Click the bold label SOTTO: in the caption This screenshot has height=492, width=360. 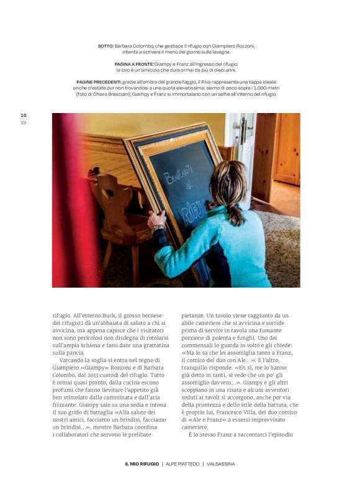click(x=106, y=46)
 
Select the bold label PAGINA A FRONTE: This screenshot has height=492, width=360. click(x=134, y=64)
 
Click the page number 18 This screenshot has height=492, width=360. click(x=24, y=116)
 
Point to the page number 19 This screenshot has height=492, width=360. click(x=24, y=122)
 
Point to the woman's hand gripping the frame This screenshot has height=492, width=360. click(x=156, y=219)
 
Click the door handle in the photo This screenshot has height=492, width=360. click(x=248, y=131)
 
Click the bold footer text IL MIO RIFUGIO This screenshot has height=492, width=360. click(x=142, y=463)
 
